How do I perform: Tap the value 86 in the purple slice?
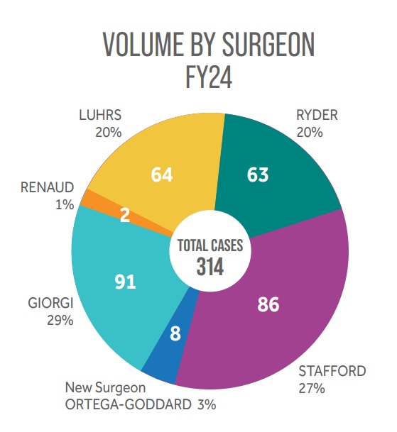point(268,305)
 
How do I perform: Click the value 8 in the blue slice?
point(175,332)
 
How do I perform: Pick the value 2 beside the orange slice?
point(124,216)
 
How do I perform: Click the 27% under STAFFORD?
point(312,388)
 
